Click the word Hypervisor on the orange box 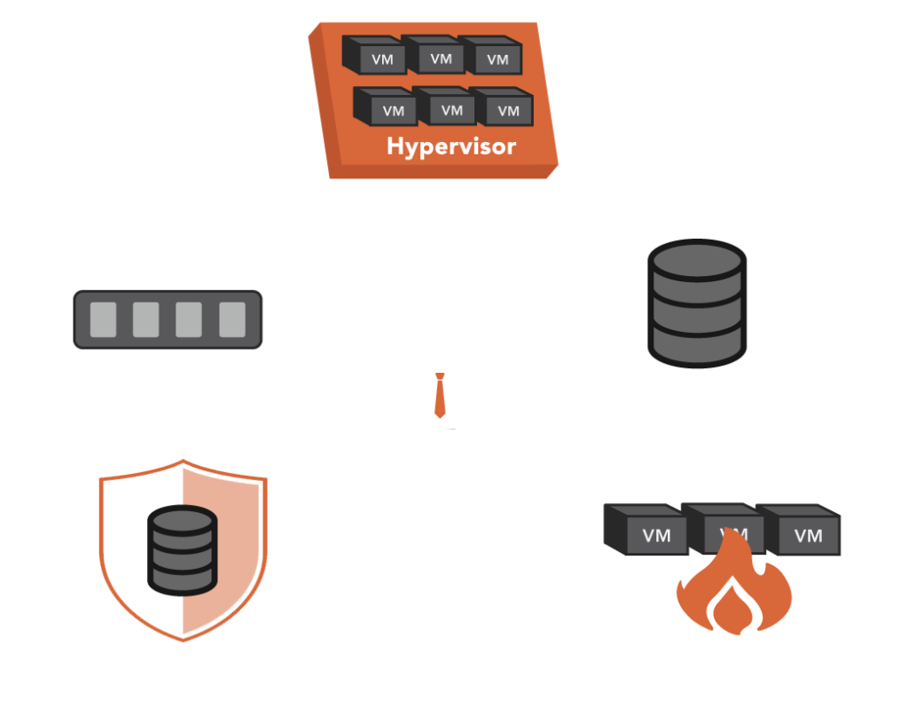coord(450,146)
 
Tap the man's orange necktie coord(439,396)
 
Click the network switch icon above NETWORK coord(168,319)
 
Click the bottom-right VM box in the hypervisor coord(505,108)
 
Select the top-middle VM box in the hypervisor coord(436,56)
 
